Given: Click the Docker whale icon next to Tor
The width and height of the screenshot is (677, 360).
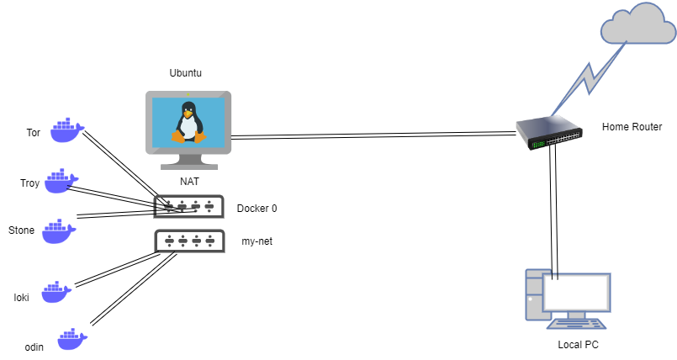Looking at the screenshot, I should point(66,130).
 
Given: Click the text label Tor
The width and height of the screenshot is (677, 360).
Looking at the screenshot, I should point(34,133).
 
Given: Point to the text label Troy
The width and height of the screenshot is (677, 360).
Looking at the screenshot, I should point(30,183).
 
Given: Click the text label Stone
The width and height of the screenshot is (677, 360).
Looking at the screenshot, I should point(22,230).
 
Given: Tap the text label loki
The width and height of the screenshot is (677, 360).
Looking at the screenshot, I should point(22,297).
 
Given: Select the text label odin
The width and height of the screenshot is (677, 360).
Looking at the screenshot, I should point(33,346).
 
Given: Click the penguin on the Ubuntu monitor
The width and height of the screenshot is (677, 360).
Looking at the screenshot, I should point(188,123).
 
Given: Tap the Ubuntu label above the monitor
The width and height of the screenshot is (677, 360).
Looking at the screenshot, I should point(186,74).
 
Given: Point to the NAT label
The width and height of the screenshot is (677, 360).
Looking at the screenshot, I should point(189,181).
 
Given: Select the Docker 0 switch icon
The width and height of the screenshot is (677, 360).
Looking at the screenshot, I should point(189,206).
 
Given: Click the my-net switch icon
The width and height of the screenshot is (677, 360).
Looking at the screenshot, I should point(189,241).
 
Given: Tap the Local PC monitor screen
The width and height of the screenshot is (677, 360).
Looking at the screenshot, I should point(576,292).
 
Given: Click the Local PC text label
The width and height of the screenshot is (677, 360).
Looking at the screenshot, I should point(579,345).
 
